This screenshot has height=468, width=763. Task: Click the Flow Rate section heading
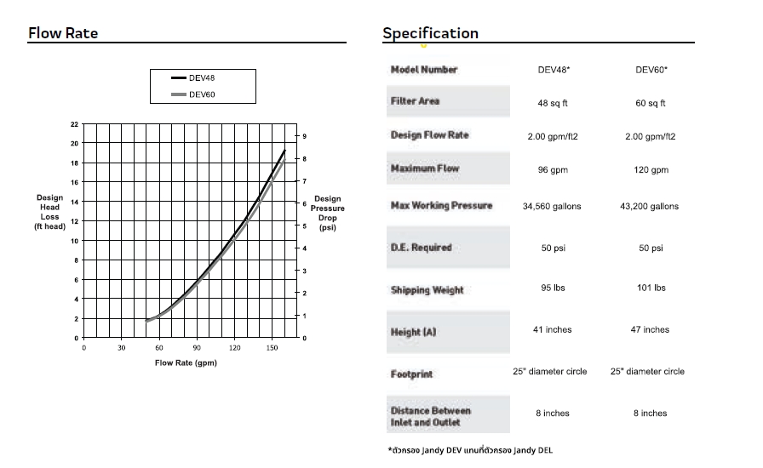point(63,33)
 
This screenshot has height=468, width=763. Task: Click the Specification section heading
point(430,33)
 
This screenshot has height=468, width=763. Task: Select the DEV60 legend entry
point(202,94)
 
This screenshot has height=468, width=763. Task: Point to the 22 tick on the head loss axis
point(74,124)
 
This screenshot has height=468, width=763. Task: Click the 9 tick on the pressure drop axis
point(304,136)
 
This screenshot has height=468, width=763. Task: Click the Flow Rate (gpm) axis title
point(186,363)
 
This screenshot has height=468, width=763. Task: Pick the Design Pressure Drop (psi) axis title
point(328,214)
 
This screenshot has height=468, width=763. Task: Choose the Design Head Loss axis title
point(49,212)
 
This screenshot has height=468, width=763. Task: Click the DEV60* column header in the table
point(651,70)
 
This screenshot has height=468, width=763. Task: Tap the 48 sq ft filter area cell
point(554,103)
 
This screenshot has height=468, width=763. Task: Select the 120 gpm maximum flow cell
point(651,170)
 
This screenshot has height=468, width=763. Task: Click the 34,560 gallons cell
point(552,207)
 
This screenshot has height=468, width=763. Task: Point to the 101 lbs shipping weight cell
point(651,288)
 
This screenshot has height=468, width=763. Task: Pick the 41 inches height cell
point(552,329)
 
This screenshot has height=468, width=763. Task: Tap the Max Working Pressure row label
point(441,206)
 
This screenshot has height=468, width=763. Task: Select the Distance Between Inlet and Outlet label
point(430,416)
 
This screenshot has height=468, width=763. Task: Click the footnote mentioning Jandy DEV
point(474,449)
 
